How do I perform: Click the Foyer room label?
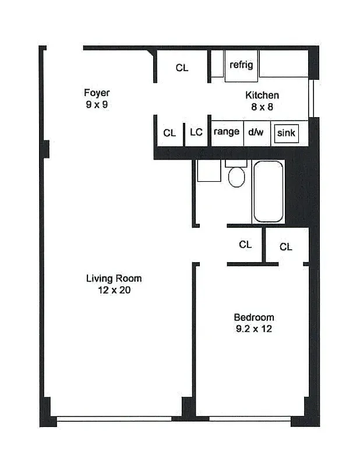point(97,93)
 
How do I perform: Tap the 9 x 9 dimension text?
point(97,105)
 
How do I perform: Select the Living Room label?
point(114,278)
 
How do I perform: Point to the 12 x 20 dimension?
point(114,290)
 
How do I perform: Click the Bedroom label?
point(253,317)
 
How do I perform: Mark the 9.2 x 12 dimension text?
point(253,329)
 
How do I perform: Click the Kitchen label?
point(262,96)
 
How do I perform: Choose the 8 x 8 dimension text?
point(262,107)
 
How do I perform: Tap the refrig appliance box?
point(241,65)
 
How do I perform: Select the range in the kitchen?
point(227,132)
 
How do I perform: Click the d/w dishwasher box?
point(256,132)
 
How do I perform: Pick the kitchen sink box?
point(286,133)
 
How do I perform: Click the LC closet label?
point(196,132)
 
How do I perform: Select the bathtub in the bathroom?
point(268,192)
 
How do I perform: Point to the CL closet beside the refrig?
point(182,68)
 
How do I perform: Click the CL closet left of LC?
point(170,133)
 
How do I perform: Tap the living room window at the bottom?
point(114,418)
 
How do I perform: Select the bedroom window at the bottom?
point(249,418)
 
